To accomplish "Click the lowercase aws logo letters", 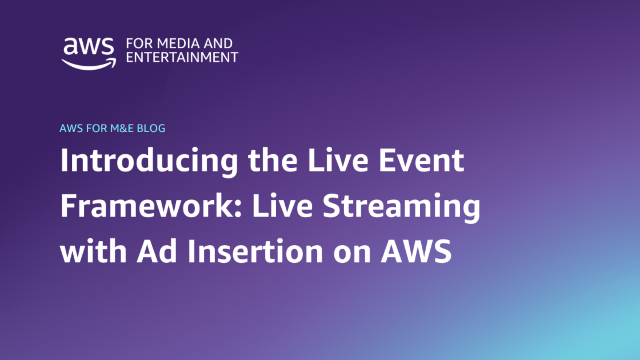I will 88,46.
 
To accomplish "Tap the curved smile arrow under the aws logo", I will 89,64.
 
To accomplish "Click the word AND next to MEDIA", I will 218,43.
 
